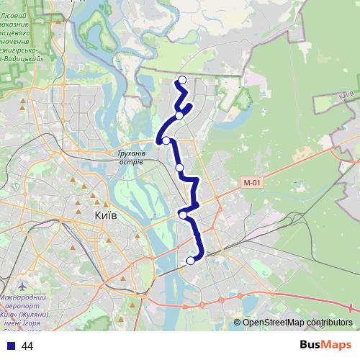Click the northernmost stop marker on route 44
click(x=182, y=80)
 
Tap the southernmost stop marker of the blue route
click(x=191, y=261)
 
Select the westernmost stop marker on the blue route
click(x=166, y=140)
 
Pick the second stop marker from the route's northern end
click(x=179, y=115)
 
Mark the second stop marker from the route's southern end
click(x=184, y=214)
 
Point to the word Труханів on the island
click(x=132, y=153)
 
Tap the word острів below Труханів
click(x=131, y=162)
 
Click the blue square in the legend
click(x=11, y=346)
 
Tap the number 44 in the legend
click(x=27, y=346)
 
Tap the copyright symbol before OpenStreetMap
click(x=237, y=323)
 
